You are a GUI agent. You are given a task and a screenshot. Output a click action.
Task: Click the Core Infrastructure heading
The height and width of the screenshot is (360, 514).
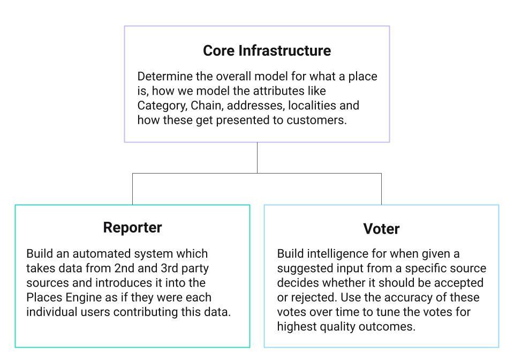point(267,51)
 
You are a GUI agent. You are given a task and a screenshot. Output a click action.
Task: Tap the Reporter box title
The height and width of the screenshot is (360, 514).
point(132,228)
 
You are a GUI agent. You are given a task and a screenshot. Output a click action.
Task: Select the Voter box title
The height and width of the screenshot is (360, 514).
point(381,229)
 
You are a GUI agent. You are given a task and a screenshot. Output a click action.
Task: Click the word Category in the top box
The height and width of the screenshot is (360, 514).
point(162,106)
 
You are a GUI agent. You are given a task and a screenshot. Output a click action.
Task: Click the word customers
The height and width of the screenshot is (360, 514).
point(316,120)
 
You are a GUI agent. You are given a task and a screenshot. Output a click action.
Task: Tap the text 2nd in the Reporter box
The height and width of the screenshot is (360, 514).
point(124,268)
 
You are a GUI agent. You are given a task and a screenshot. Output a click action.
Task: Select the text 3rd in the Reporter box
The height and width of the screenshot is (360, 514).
point(170,268)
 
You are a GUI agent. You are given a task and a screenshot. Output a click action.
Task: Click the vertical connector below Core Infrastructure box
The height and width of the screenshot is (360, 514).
point(257,157)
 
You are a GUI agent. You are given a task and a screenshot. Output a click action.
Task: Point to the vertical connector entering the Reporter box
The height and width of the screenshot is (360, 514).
point(132,189)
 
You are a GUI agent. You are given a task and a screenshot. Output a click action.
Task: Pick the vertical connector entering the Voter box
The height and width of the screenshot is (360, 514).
point(381,189)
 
